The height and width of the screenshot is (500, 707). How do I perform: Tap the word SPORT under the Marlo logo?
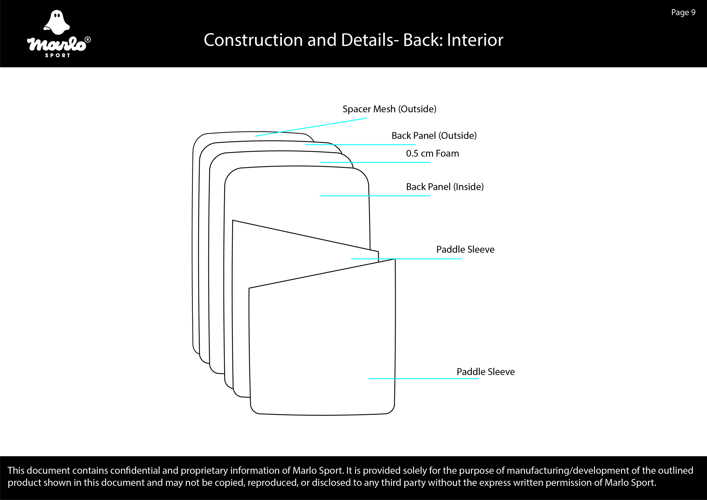click(x=58, y=55)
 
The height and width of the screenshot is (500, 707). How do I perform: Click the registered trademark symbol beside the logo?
click(x=87, y=40)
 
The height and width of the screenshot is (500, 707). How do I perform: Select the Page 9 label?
click(x=683, y=12)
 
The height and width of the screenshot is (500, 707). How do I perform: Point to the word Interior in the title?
click(x=475, y=40)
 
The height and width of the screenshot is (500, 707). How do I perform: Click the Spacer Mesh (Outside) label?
click(x=389, y=109)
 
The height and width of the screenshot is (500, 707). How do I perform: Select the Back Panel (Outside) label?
click(x=434, y=135)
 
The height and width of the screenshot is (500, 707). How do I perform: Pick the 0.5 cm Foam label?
click(x=432, y=153)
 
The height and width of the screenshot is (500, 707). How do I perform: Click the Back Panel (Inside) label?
click(x=445, y=187)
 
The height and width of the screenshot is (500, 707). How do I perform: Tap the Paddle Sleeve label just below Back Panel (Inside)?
click(x=465, y=249)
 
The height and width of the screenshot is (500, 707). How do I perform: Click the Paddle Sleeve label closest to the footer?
click(x=485, y=372)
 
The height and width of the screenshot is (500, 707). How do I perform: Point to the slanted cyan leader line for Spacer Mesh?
click(x=311, y=127)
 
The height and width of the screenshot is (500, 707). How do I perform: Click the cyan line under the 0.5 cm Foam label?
click(x=375, y=162)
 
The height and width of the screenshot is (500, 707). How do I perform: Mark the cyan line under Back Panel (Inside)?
click(x=375, y=196)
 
